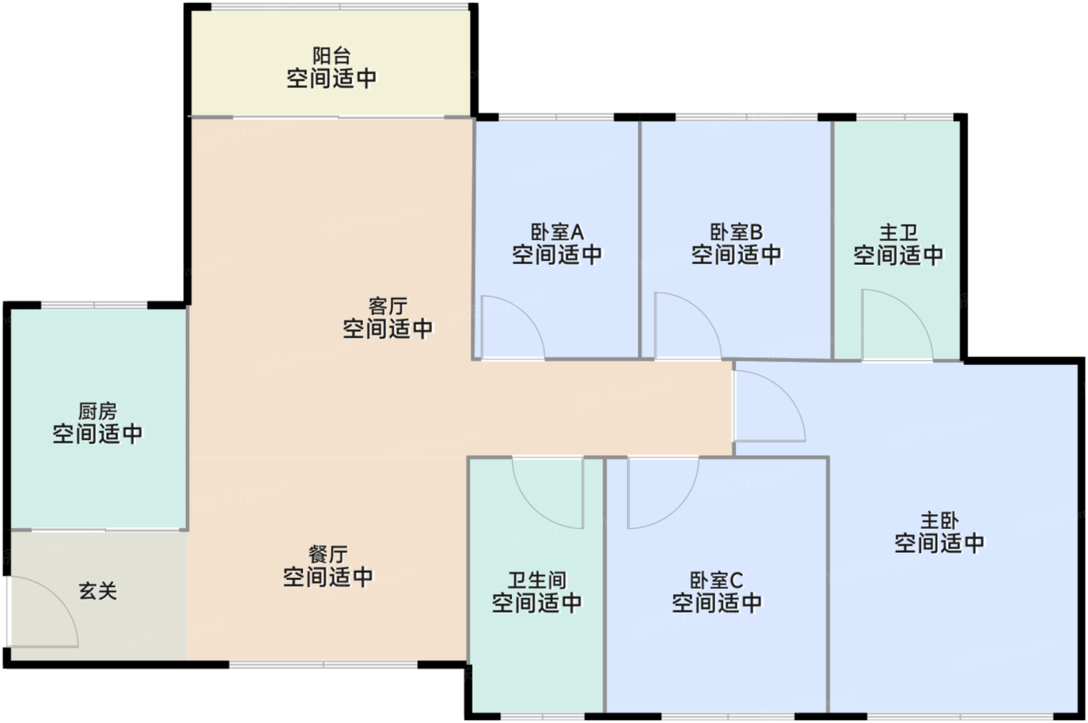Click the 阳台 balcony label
click(x=332, y=56)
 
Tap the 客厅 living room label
click(x=388, y=306)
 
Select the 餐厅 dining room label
click(x=328, y=554)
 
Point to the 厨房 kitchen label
click(x=98, y=412)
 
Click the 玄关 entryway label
click(x=98, y=592)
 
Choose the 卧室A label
click(x=557, y=232)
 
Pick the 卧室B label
click(x=737, y=232)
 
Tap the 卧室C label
click(x=717, y=580)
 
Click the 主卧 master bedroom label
click(x=940, y=520)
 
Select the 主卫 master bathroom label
click(x=898, y=233)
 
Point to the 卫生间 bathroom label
click(x=537, y=580)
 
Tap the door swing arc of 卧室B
click(x=703, y=311)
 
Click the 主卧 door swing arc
click(x=785, y=391)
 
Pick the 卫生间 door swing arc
click(x=533, y=508)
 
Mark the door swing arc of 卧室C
click(x=678, y=508)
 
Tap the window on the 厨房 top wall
click(x=94, y=305)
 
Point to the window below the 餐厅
click(x=323, y=664)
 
